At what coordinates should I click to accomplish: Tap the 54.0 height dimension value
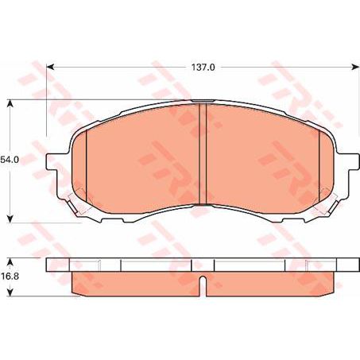(10, 160)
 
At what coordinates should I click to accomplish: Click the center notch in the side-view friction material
(203, 282)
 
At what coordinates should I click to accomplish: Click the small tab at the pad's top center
(203, 101)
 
